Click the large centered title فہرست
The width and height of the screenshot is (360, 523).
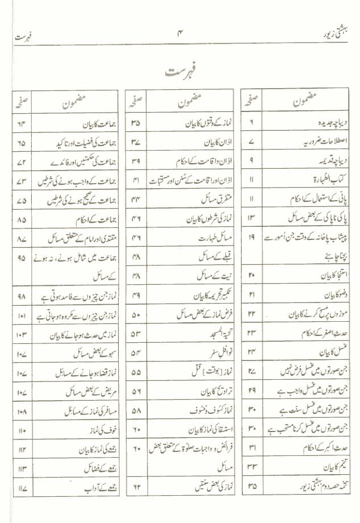coord(181,72)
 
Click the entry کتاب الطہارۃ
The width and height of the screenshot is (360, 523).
coord(317,180)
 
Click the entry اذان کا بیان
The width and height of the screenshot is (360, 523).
coord(210,142)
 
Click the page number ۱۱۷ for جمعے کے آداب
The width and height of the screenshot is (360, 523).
coord(23,488)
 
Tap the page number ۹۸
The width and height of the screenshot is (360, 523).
coord(22,297)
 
